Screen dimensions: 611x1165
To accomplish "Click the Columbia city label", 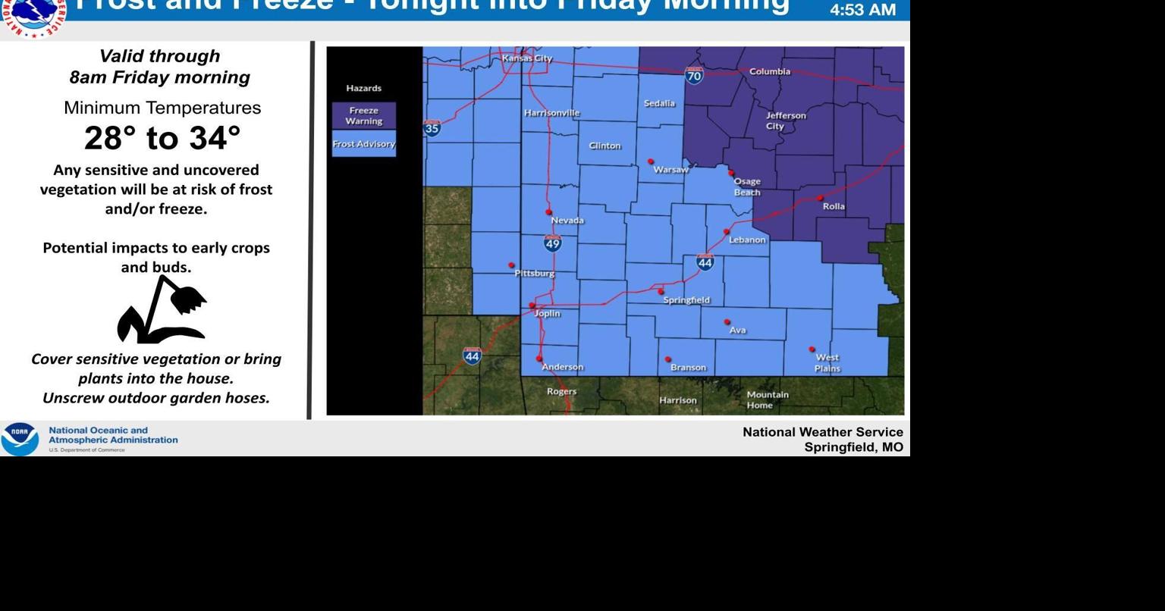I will [769, 71].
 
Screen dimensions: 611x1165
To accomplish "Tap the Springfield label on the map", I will [686, 300].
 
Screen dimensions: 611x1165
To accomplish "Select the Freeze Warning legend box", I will [364, 116].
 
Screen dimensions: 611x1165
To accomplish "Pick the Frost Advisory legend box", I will [364, 144].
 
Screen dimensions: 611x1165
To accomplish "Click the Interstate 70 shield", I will [694, 75].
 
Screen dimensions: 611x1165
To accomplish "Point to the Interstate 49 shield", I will [553, 243].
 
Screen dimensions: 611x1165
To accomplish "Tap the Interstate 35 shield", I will [432, 128].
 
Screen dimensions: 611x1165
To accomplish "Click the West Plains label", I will [827, 362].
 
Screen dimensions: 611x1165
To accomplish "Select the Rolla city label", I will [834, 206].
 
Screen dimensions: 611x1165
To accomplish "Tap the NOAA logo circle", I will [20, 439].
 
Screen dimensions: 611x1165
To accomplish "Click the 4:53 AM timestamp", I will [863, 10].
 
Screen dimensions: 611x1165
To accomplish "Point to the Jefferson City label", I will [785, 121].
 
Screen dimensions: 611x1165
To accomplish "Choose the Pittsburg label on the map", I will [535, 273].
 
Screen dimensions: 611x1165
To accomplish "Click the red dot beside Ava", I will [727, 322].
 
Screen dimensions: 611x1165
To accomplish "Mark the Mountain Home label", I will [768, 399].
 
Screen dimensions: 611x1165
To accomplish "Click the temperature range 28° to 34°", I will [162, 138].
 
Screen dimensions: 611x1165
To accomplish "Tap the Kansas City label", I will [527, 58].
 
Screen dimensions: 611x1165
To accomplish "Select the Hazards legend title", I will [364, 88].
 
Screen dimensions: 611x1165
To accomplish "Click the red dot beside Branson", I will [668, 359].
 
